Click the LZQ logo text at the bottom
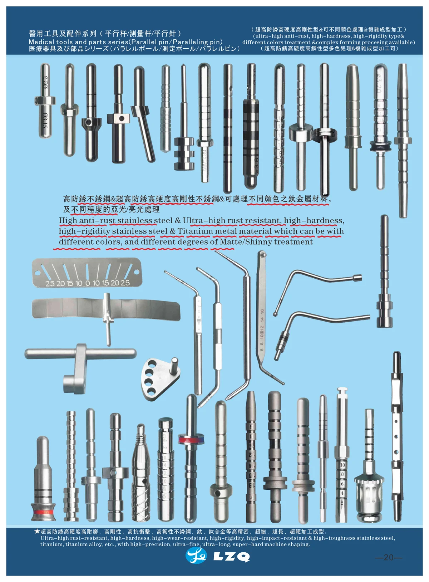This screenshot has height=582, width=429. coord(231,557)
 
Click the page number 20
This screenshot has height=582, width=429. coord(388,557)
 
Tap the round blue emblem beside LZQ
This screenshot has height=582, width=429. coord(196,556)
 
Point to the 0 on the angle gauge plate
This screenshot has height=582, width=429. coord(88,283)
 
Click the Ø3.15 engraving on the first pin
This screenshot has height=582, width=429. coord(45,121)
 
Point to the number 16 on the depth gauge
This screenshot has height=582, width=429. coord(262,312)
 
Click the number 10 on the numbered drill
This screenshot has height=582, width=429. coord(342,465)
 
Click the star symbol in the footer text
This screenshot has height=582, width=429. coord(37,532)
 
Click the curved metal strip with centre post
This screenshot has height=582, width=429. coord(106,308)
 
